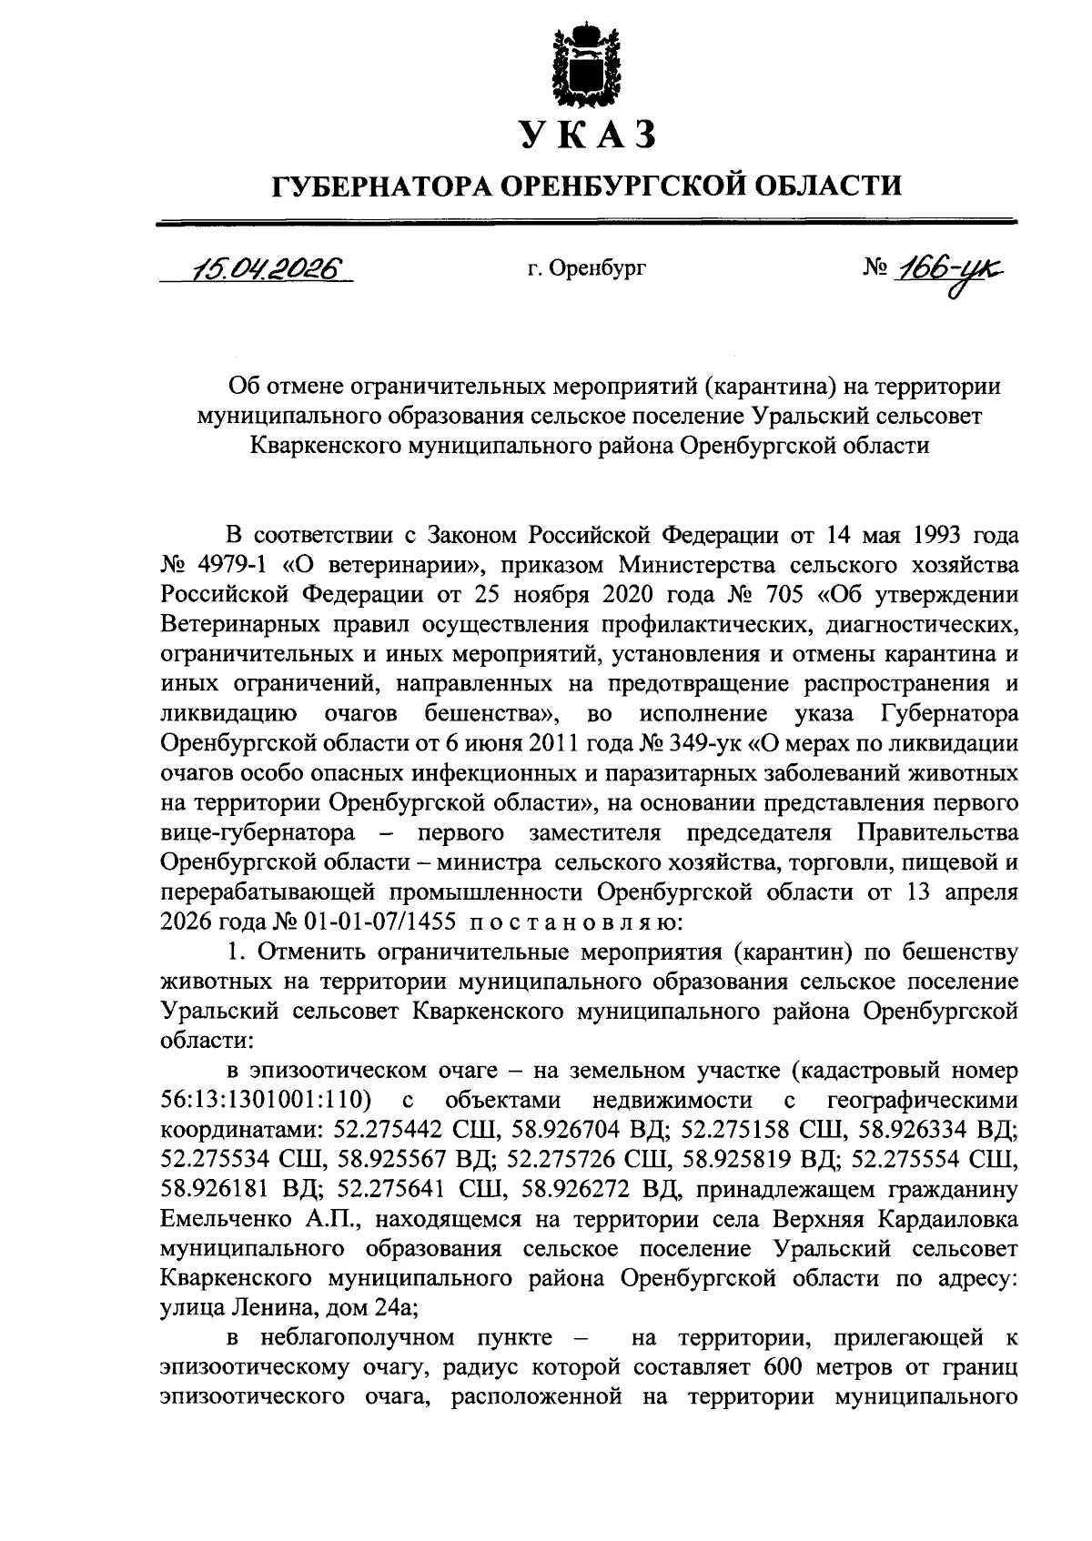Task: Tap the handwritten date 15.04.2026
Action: pos(259,268)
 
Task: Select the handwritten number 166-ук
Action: pos(954,269)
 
